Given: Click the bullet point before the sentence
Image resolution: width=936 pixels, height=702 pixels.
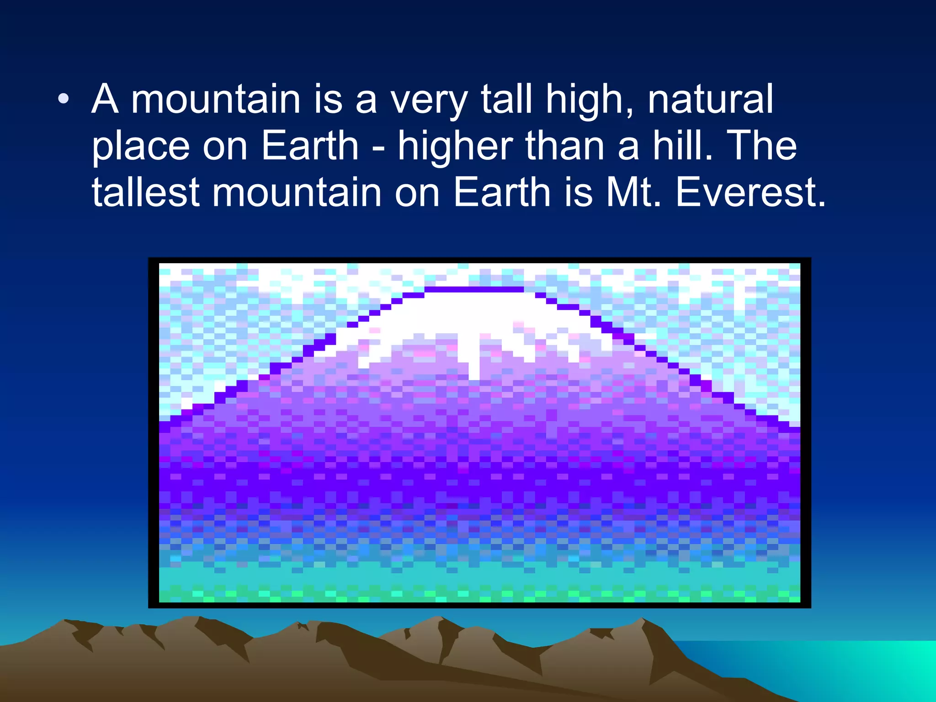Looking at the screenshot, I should pyautogui.click(x=64, y=99).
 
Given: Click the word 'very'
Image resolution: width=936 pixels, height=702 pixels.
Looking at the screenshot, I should pyautogui.click(x=428, y=101).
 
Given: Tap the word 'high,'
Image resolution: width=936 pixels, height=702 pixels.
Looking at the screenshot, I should pyautogui.click(x=590, y=101).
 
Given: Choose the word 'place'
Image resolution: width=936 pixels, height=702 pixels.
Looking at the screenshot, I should pyautogui.click(x=141, y=149).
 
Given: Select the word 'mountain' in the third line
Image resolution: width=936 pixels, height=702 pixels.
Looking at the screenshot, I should pyautogui.click(x=297, y=193).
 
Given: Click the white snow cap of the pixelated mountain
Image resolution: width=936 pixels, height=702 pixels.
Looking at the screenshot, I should pyautogui.click(x=475, y=315).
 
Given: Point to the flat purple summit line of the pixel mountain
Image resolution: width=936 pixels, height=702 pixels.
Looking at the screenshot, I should pyautogui.click(x=474, y=289).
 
